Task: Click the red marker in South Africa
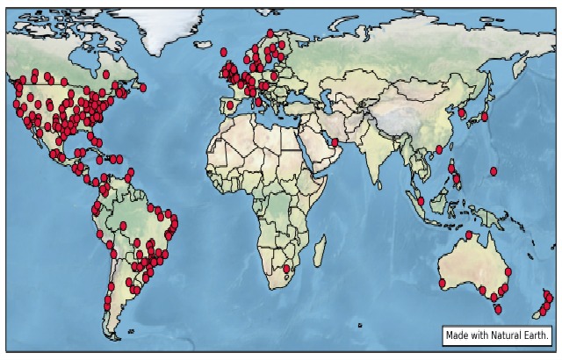[x=286, y=269]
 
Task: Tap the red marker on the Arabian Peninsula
[x=335, y=142]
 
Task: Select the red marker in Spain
[x=230, y=105]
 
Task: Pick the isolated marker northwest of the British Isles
[x=224, y=52]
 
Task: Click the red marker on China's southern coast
[x=439, y=149]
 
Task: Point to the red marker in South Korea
[x=462, y=112]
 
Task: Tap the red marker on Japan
[x=484, y=116]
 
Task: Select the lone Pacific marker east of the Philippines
[x=494, y=170]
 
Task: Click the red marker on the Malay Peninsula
[x=421, y=201]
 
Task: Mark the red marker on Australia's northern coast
[x=469, y=234]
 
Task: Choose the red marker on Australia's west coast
[x=442, y=283]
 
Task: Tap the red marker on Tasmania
[x=497, y=309]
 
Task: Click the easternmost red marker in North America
[x=143, y=87]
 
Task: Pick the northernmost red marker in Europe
[x=270, y=33]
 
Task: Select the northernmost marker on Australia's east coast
[x=508, y=272]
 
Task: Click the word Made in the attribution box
[x=457, y=335]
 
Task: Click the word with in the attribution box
[x=479, y=335]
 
